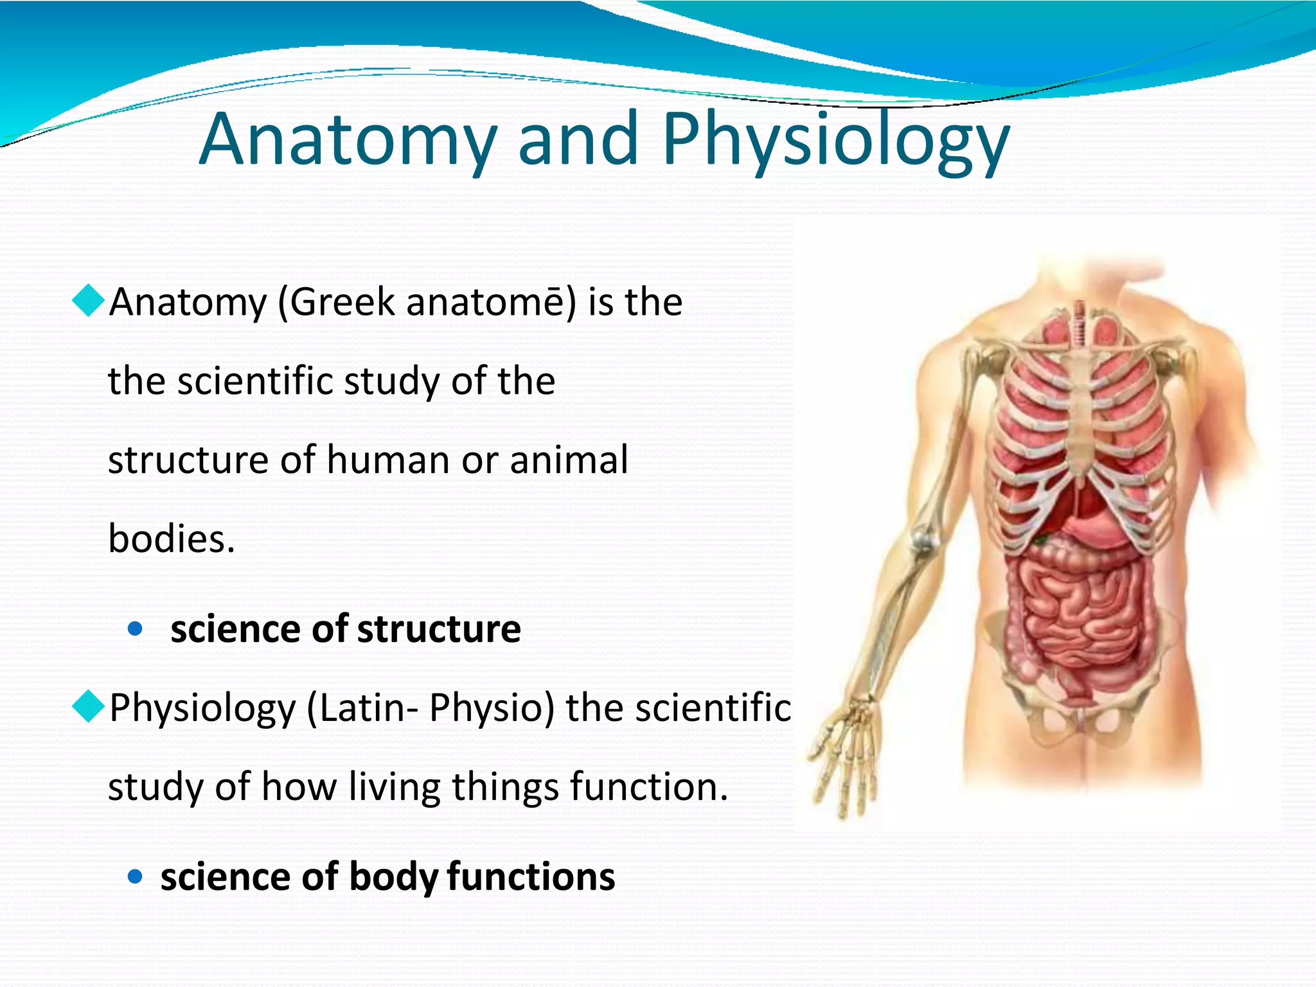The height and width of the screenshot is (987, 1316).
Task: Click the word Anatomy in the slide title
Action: point(348,139)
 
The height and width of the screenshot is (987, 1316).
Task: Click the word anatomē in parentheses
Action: point(488,302)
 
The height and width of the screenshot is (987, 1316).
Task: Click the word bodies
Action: point(171,538)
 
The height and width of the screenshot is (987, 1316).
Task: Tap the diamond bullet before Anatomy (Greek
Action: point(88,300)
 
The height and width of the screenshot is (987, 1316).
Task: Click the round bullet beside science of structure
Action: point(135,628)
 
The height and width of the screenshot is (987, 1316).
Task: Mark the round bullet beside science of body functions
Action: point(135,876)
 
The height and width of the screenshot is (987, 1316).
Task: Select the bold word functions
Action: point(531,876)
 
